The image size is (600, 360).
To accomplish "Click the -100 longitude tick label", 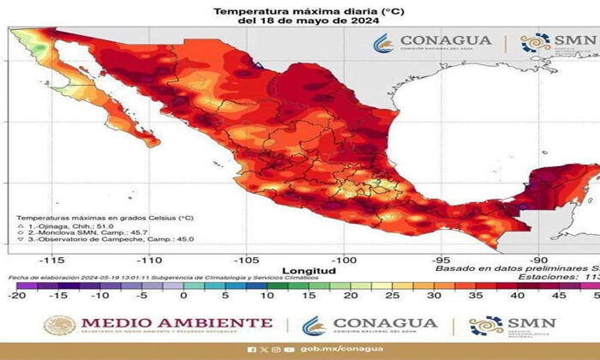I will (x=344, y=258).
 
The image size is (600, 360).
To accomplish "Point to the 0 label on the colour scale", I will (x=183, y=296).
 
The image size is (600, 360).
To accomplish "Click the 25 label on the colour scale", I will (x=394, y=296).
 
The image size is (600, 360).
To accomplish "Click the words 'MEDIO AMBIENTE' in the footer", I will (x=176, y=323).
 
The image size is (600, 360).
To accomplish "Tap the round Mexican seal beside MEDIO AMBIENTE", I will (x=60, y=326).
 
